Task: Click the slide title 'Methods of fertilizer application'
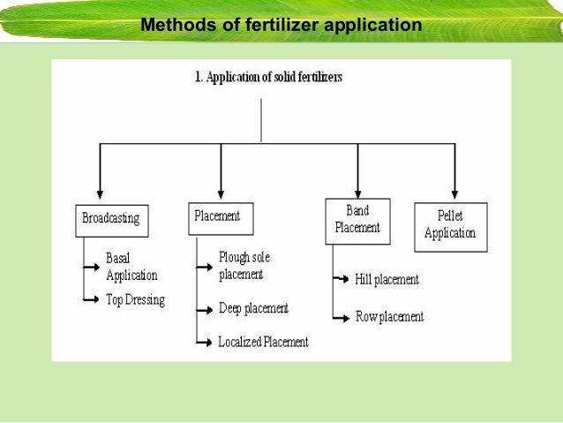pos(281,25)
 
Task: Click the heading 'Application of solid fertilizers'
pos(269,77)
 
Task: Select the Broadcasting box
pos(110,218)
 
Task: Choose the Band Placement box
pos(357,218)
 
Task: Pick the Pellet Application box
pos(450,225)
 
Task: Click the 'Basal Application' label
pos(131,267)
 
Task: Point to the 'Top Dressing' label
pos(135,299)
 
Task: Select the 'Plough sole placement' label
pos(244,265)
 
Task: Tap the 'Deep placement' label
pos(253,308)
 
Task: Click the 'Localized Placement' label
pos(263,342)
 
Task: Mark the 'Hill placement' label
pos(387,280)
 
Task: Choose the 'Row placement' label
pos(389,316)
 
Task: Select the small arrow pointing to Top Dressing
pos(92,299)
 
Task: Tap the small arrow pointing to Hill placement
pos(342,280)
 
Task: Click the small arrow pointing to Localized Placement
pos(205,342)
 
